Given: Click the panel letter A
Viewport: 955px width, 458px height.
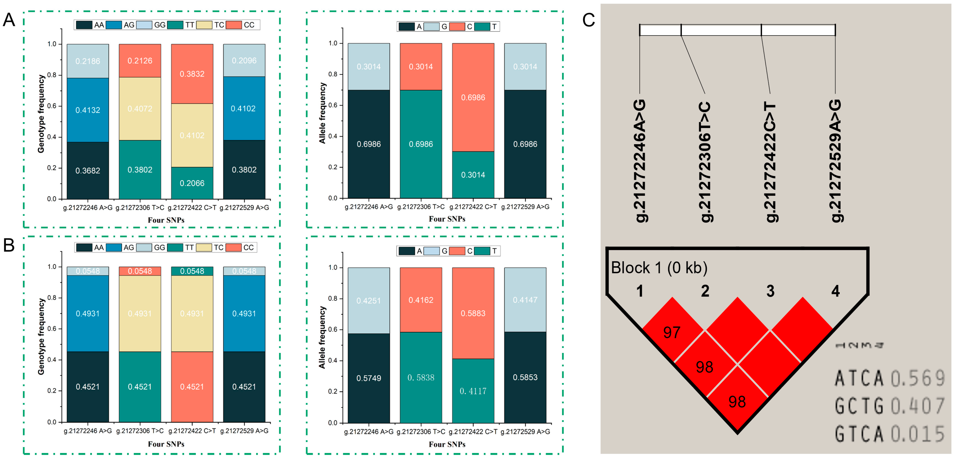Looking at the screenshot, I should (x=9, y=20).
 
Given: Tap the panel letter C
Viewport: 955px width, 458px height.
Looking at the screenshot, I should (x=588, y=20).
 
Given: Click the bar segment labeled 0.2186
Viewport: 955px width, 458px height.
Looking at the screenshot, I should (x=88, y=61).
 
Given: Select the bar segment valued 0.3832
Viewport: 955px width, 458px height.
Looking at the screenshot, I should (x=192, y=74).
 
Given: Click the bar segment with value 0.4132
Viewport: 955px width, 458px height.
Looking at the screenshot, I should (x=88, y=110).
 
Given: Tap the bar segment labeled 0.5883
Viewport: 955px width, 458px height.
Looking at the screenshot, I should (x=473, y=313).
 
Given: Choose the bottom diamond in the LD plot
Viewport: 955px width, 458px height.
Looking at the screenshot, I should (x=737, y=402).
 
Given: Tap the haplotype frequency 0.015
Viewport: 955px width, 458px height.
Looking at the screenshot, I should (x=917, y=434).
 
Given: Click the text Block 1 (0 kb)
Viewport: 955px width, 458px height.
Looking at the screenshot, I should (x=659, y=267).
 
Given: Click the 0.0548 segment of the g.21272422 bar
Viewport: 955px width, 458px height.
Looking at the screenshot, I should (x=192, y=271).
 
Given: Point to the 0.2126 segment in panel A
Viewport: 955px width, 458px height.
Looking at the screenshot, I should (x=140, y=60).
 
